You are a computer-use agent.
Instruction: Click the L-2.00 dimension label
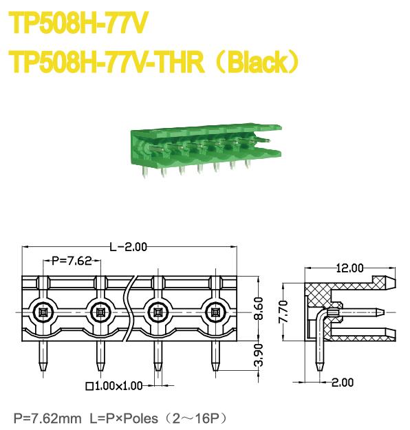(x=129, y=248)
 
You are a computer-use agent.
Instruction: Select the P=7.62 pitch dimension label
(x=72, y=261)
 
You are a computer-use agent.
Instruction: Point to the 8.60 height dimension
(x=259, y=308)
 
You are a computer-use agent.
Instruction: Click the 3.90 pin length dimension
(x=259, y=356)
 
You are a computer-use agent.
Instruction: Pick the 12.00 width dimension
(x=350, y=268)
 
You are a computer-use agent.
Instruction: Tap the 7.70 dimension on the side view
(x=283, y=312)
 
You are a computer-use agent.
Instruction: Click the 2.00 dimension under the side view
(x=343, y=383)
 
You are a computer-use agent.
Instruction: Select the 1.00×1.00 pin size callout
(x=115, y=386)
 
